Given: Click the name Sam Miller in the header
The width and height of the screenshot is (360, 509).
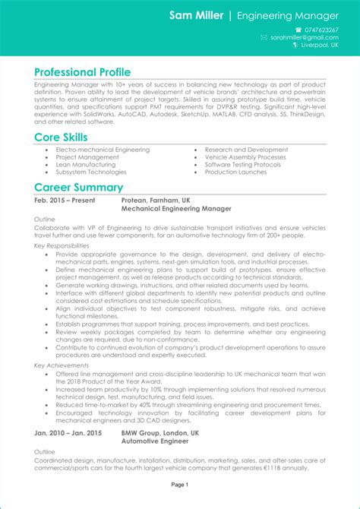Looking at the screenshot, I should point(196,15).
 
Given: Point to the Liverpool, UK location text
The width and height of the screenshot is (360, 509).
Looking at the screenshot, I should point(321,46).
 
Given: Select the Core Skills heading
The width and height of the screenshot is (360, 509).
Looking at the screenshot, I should point(61,138).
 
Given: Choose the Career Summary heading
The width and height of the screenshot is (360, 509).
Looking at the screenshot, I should point(78,188).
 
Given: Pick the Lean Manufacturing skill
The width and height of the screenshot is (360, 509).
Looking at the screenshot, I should point(85,165).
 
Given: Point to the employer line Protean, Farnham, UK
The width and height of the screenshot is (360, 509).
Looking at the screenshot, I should point(156,200).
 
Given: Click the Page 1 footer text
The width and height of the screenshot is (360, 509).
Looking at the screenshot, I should point(180,484).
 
